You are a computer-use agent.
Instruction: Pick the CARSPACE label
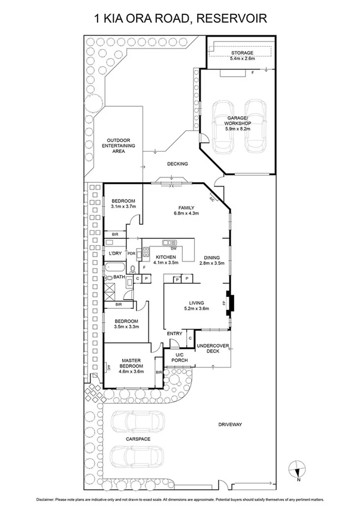coord(138,439)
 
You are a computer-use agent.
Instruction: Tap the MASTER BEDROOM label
coord(131,363)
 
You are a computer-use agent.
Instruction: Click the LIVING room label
coord(196,303)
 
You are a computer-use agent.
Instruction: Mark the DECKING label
coord(178,164)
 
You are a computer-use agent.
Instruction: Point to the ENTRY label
coord(175,333)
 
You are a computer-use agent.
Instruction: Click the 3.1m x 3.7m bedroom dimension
coord(124,207)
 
